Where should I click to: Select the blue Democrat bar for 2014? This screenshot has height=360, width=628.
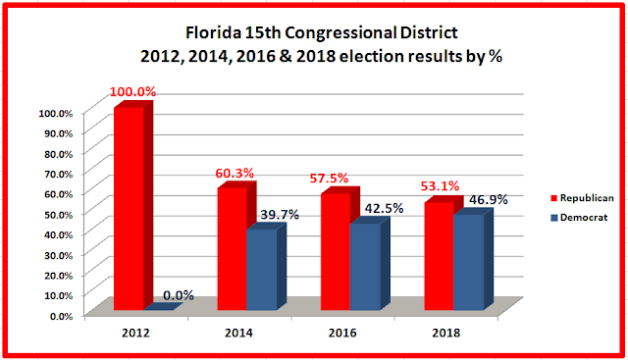click(x=266, y=266)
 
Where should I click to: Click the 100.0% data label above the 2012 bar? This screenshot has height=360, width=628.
click(x=132, y=91)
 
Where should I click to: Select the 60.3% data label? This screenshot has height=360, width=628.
click(x=235, y=174)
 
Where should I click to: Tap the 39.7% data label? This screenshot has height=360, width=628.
click(x=280, y=215)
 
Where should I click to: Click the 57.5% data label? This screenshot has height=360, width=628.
click(x=329, y=179)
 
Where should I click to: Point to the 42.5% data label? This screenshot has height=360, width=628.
click(x=384, y=208)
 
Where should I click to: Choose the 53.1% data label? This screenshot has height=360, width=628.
click(x=440, y=186)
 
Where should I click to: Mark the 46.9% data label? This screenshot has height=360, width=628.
click(x=489, y=199)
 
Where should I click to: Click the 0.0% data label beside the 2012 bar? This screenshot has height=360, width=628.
click(x=179, y=295)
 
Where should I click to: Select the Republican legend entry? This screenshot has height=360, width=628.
click(x=582, y=198)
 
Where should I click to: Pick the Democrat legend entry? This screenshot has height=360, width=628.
click(x=580, y=218)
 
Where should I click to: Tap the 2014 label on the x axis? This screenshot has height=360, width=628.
click(x=238, y=333)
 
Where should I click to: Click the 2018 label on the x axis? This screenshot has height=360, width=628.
click(x=446, y=333)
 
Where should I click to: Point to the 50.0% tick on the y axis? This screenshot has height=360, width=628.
click(x=56, y=215)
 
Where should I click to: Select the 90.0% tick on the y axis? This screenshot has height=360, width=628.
click(x=56, y=133)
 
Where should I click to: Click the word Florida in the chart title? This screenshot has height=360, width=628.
click(x=214, y=32)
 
